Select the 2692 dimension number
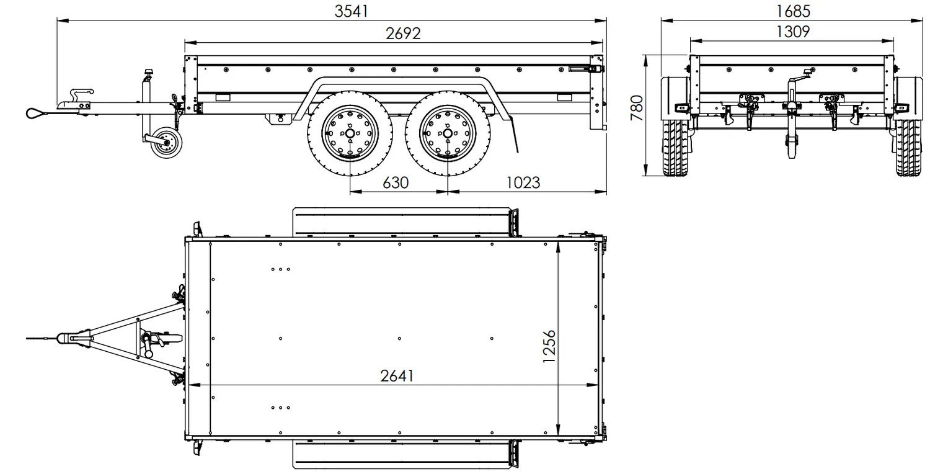click(x=403, y=34)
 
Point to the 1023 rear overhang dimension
click(x=523, y=182)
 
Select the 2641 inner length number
click(x=397, y=375)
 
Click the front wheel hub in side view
click(x=351, y=133)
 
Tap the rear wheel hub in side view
click(x=447, y=133)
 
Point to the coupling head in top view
click(x=69, y=338)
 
